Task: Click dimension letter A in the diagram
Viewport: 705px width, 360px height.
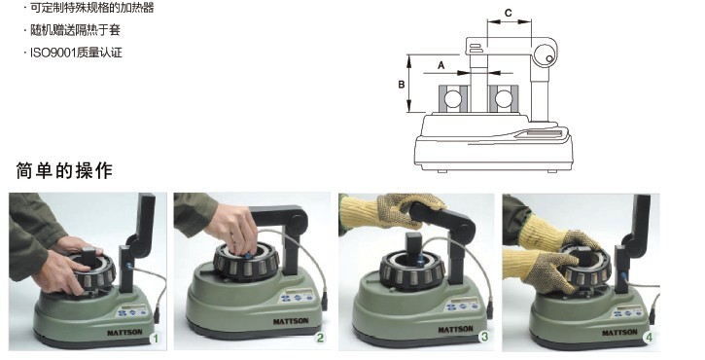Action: pyautogui.click(x=441, y=66)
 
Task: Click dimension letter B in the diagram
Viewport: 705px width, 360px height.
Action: pyautogui.click(x=402, y=84)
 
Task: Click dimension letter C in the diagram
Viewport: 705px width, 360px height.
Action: pyautogui.click(x=508, y=13)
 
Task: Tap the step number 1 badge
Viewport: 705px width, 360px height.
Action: pyautogui.click(x=156, y=339)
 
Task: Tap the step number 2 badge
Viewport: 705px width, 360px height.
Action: pyautogui.click(x=320, y=338)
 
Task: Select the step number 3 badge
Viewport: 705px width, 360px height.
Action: pyautogui.click(x=484, y=336)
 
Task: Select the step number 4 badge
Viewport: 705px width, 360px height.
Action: pyautogui.click(x=649, y=337)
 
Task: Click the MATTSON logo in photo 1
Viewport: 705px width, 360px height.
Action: pyautogui.click(x=124, y=333)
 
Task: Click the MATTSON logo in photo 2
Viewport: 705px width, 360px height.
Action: pyautogui.click(x=291, y=321)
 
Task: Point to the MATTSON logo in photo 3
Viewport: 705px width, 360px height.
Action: pyautogui.click(x=455, y=330)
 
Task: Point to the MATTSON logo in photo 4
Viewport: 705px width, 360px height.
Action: pyautogui.click(x=619, y=333)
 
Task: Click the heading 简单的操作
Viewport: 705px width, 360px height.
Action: pyautogui.click(x=64, y=170)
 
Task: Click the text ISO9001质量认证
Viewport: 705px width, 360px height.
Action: pyautogui.click(x=76, y=53)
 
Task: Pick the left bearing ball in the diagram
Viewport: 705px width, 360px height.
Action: pyautogui.click(x=453, y=99)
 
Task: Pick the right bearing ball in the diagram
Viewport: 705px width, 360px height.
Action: pyautogui.click(x=504, y=99)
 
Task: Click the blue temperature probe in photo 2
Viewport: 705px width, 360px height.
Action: pyautogui.click(x=248, y=256)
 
